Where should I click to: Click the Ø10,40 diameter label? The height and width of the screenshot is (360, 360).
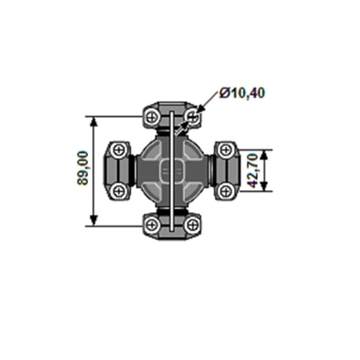click(242, 92)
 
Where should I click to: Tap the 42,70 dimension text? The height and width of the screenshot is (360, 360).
click(251, 171)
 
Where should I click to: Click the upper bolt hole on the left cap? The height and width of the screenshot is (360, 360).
click(120, 150)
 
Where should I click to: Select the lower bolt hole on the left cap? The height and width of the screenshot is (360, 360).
click(120, 190)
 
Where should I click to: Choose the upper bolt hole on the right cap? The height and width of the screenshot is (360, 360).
click(225, 150)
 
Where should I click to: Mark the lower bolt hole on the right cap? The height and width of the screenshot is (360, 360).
click(225, 190)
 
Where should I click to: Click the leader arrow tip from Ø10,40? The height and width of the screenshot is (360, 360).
click(197, 110)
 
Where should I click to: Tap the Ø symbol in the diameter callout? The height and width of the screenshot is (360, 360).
click(224, 92)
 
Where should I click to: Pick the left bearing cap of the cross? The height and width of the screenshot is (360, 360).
click(119, 170)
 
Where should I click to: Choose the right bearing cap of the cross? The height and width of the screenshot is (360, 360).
click(225, 170)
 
